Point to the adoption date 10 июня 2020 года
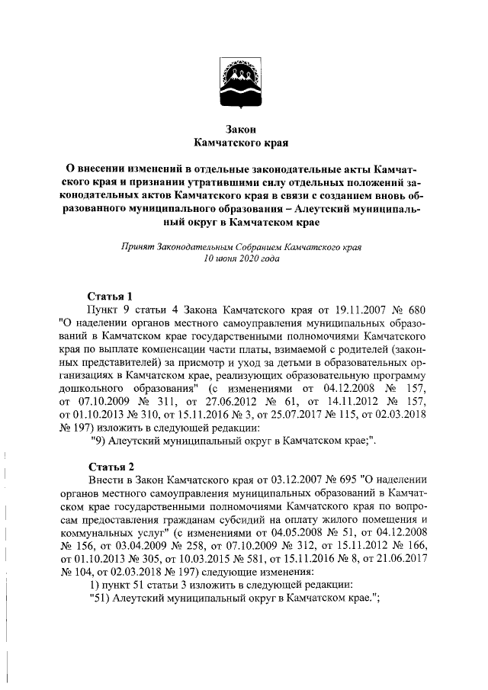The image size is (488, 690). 243,259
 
